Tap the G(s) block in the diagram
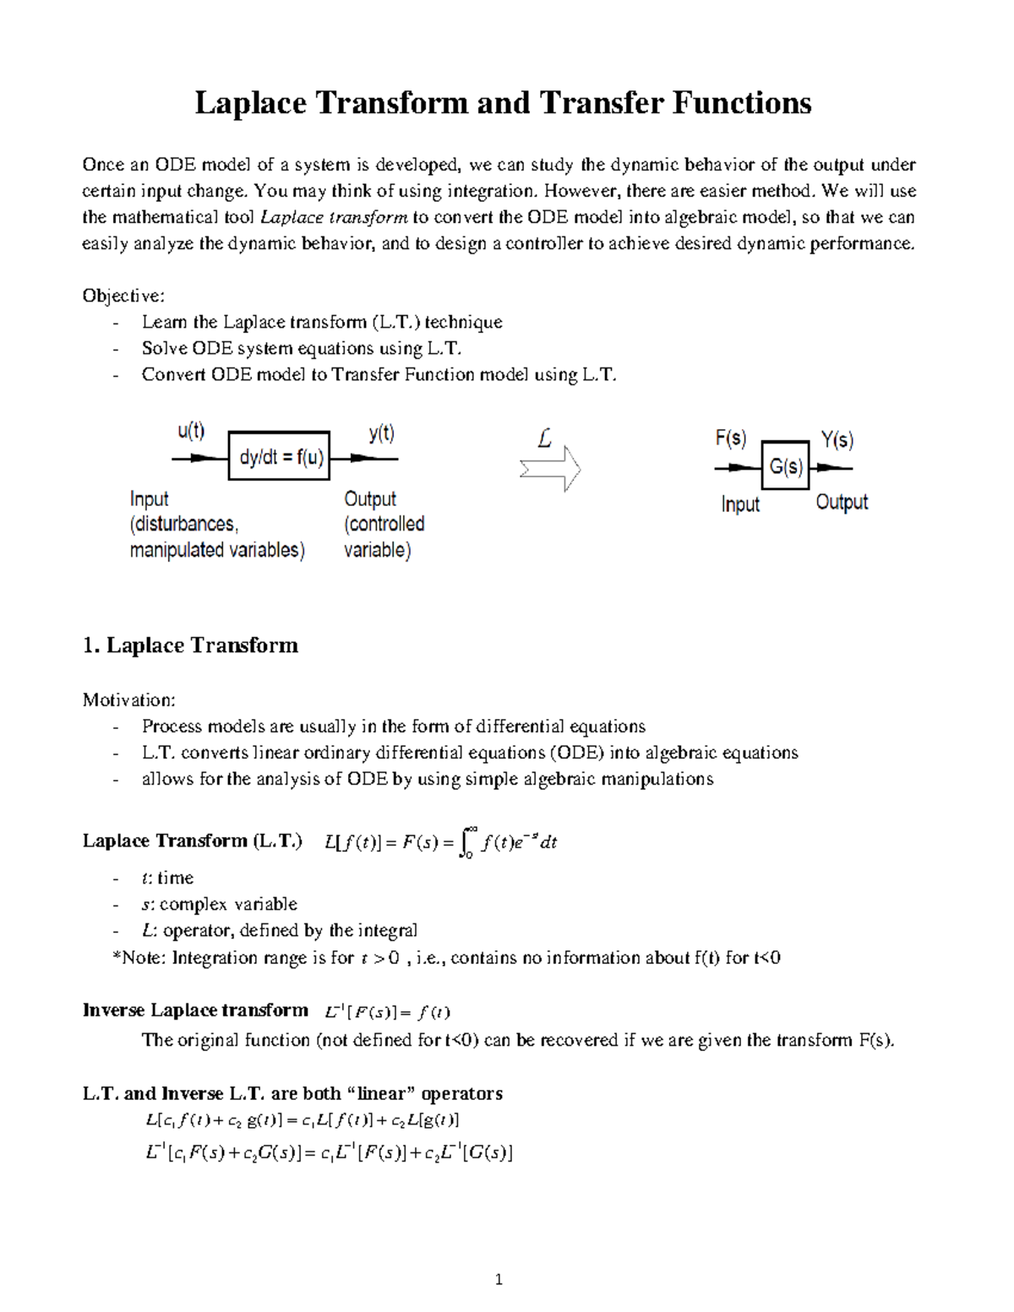pos(786,466)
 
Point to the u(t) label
pos(191,432)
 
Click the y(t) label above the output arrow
pos(381,433)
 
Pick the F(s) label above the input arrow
pos(731,438)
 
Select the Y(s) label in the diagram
pos(837,440)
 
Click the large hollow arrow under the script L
pos(550,469)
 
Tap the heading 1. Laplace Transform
pos(190,645)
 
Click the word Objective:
pos(123,296)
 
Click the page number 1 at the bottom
pos(499,1279)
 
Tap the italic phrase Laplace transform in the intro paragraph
pos(334,218)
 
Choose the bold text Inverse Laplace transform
pos(195,1010)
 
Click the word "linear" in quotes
pos(381,1093)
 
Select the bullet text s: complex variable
pos(219,904)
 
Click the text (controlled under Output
pos(384,524)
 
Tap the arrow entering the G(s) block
pos(737,467)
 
